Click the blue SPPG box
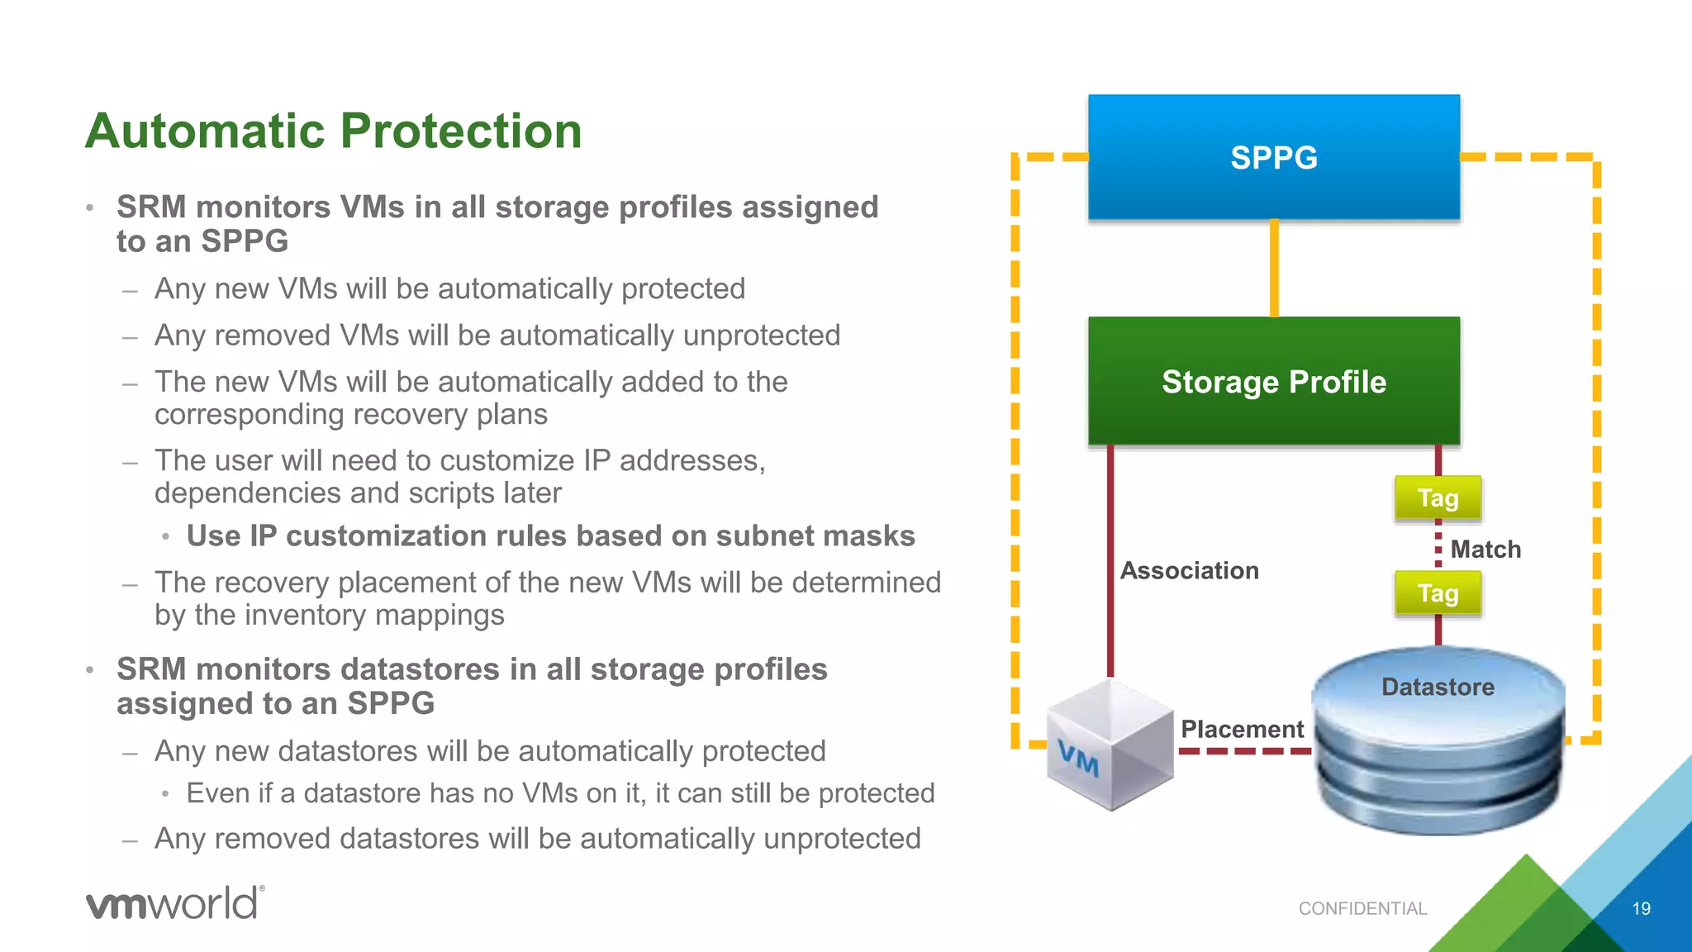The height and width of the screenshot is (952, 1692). click(x=1273, y=157)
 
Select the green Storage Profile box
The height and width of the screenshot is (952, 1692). click(x=1273, y=381)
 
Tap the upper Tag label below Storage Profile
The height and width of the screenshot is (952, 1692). click(x=1438, y=498)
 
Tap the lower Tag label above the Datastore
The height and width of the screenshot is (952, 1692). click(x=1438, y=593)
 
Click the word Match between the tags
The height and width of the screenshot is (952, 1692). click(x=1485, y=550)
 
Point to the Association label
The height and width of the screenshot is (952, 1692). click(x=1189, y=570)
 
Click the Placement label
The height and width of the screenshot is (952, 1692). click(x=1242, y=729)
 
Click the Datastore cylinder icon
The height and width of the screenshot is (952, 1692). click(x=1438, y=744)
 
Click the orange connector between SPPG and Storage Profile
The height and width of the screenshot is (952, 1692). click(x=1274, y=268)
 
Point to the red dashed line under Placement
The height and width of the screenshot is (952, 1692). click(x=1243, y=751)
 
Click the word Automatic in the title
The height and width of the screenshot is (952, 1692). click(x=206, y=131)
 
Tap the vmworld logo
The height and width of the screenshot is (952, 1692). click(x=174, y=902)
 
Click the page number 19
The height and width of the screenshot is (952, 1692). click(x=1641, y=909)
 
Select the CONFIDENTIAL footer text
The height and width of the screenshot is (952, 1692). click(x=1362, y=909)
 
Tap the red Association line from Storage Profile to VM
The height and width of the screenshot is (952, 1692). click(x=1110, y=562)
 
